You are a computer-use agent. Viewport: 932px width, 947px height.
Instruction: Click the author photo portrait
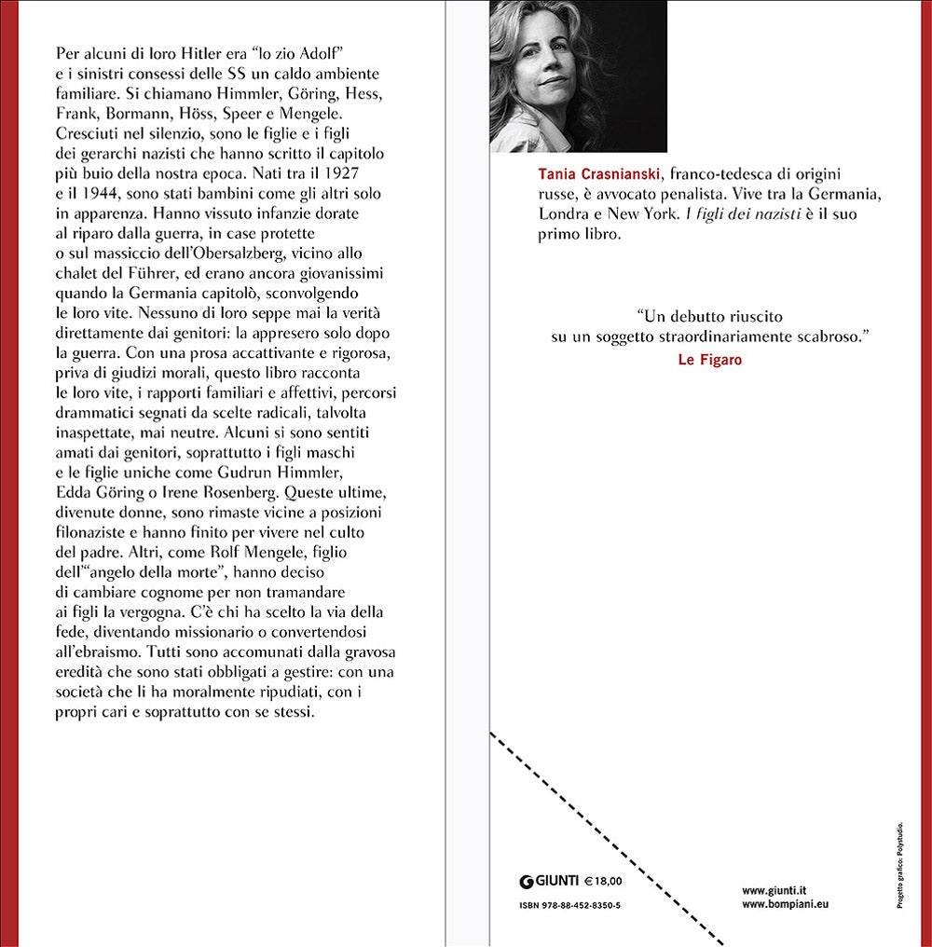tap(578, 75)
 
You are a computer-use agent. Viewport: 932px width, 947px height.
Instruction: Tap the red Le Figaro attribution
tap(709, 360)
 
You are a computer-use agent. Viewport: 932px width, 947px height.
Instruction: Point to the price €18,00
tap(603, 880)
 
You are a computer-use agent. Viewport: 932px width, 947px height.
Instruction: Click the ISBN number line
tap(569, 905)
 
